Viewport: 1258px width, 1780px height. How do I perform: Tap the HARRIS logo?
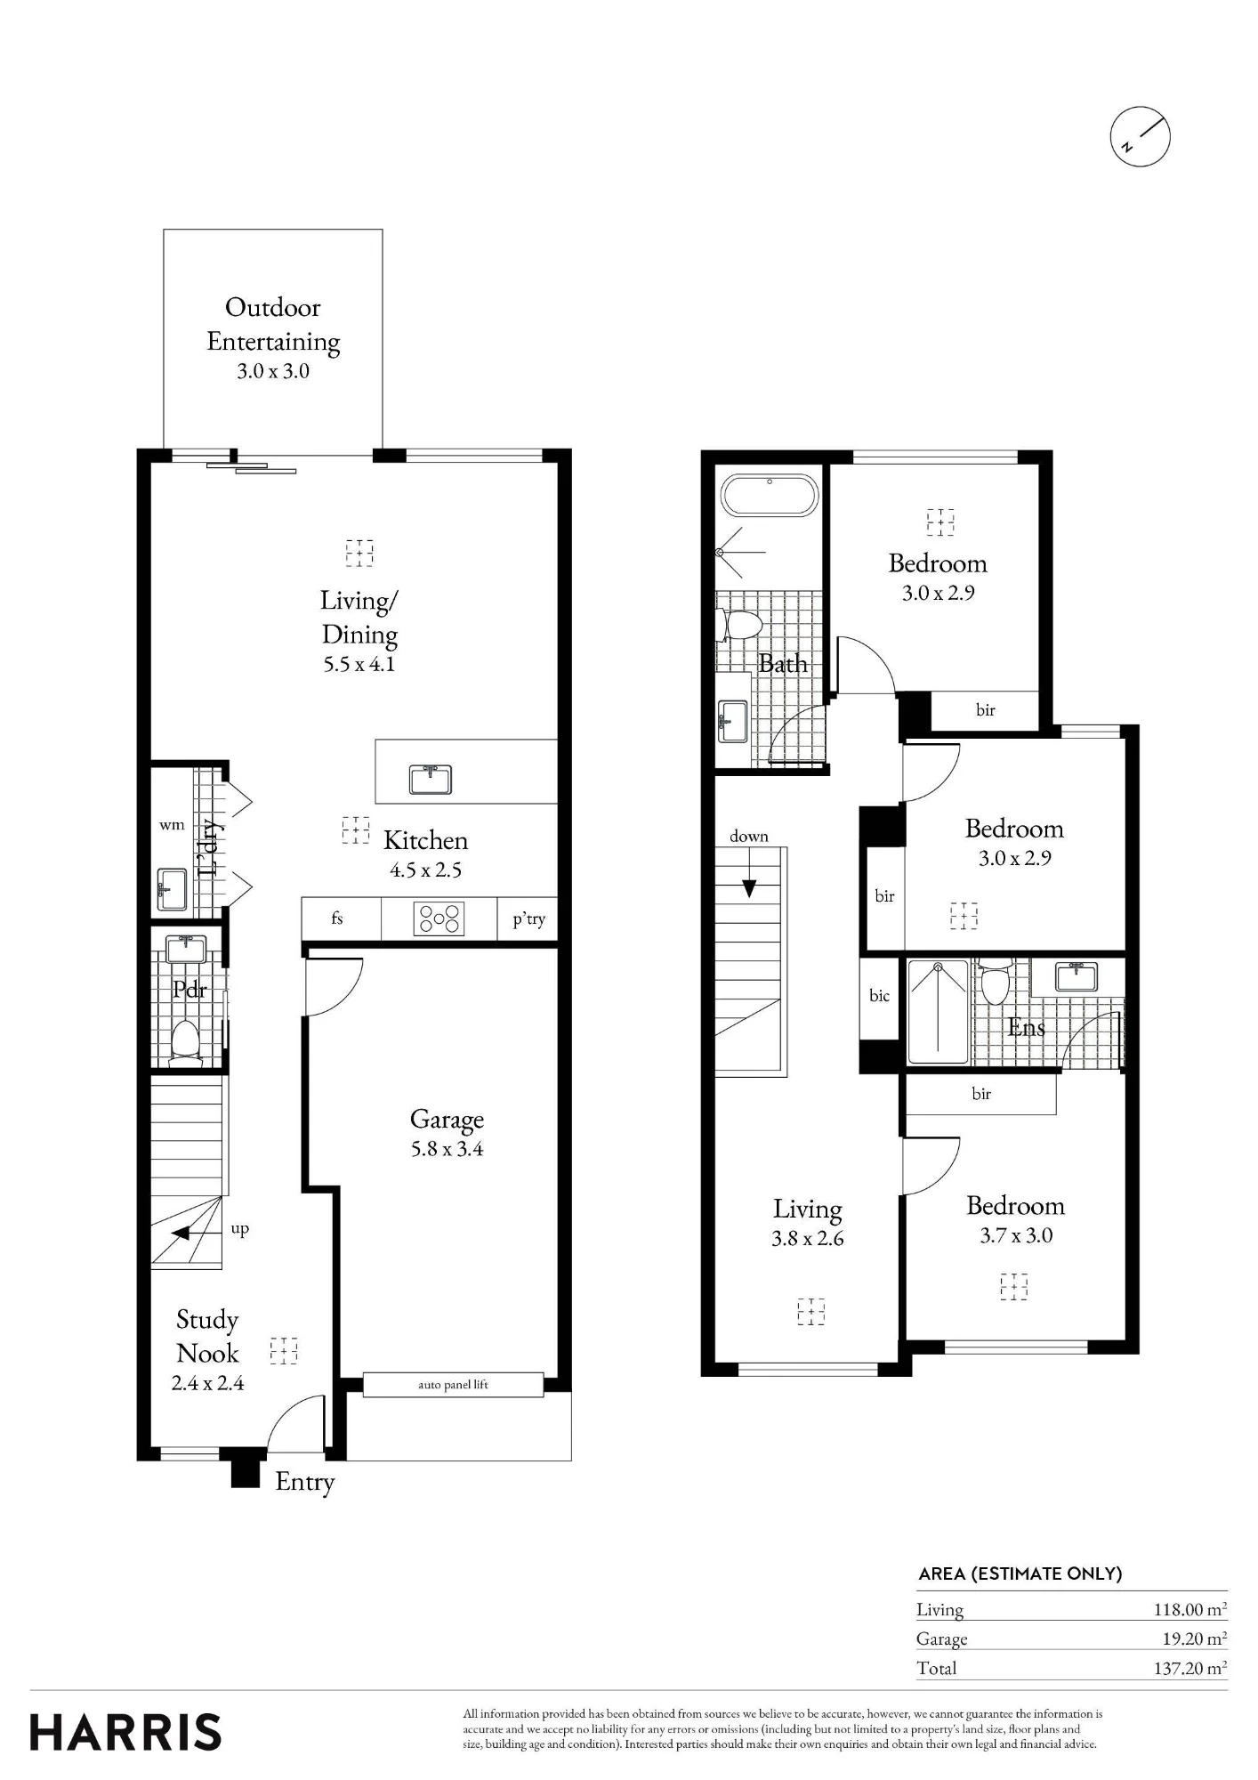click(125, 1733)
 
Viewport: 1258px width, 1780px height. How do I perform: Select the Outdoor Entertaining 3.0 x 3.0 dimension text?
click(273, 371)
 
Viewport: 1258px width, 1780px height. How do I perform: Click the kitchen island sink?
click(431, 780)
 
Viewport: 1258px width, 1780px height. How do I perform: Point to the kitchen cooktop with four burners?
click(439, 918)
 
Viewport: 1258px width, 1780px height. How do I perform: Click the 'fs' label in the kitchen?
click(337, 918)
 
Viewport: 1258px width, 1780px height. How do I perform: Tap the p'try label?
click(528, 919)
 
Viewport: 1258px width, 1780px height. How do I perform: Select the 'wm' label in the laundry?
click(172, 825)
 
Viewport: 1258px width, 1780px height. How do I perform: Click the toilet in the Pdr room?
click(185, 1043)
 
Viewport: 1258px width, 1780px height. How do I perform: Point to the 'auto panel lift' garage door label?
click(453, 1385)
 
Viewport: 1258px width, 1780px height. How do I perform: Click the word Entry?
click(305, 1482)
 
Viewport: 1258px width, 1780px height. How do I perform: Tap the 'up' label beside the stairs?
click(240, 1229)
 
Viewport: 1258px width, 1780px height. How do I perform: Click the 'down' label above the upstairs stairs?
click(749, 836)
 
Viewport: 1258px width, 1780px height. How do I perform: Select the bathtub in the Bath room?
click(769, 495)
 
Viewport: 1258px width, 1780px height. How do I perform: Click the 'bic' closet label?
click(880, 996)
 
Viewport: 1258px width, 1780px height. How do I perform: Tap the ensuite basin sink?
click(1077, 975)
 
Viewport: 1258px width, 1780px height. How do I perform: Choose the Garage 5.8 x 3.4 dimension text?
click(447, 1149)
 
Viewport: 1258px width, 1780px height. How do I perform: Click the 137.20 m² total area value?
click(1190, 1668)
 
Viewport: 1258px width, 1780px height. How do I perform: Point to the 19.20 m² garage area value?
click(1195, 1638)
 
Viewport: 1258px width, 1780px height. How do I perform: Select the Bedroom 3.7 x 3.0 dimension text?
click(1016, 1235)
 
